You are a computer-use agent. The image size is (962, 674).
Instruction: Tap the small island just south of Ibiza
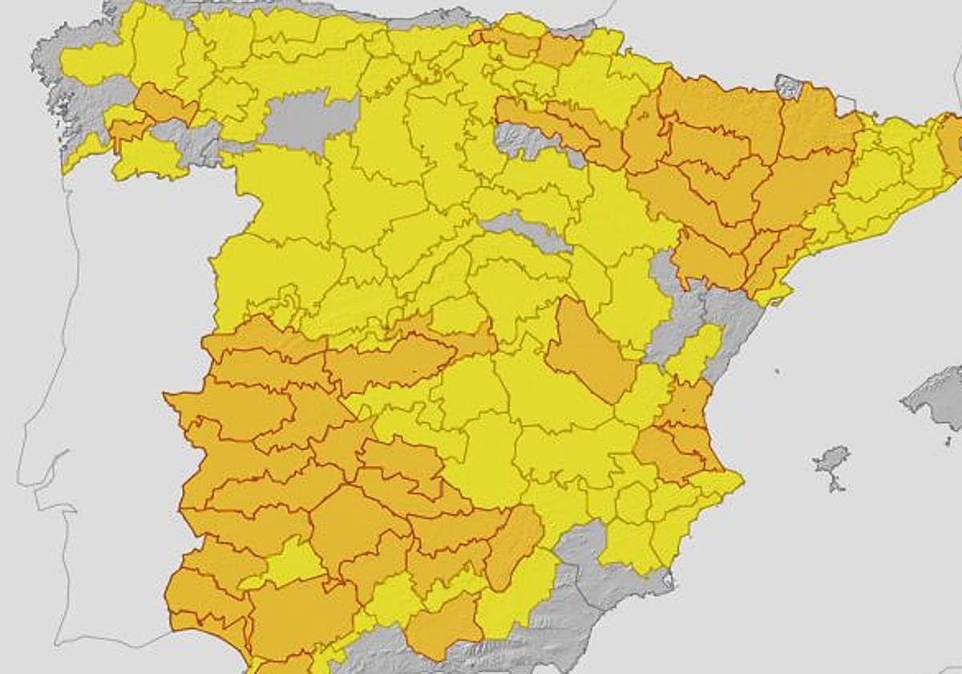835,485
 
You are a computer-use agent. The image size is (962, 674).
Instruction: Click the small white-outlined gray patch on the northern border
789,86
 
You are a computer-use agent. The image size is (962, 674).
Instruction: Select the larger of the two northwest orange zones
164,105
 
